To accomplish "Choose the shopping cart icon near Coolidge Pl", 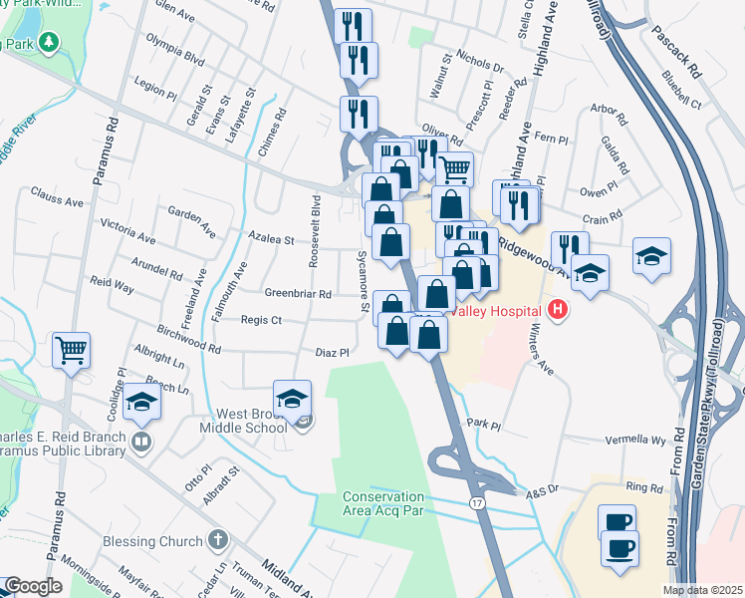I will click(72, 350).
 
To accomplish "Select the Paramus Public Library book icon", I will click(140, 442).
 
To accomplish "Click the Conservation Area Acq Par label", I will click(383, 504).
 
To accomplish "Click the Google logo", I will click(33, 586).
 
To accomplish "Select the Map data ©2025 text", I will click(702, 590).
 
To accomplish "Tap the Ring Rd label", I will click(644, 488).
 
